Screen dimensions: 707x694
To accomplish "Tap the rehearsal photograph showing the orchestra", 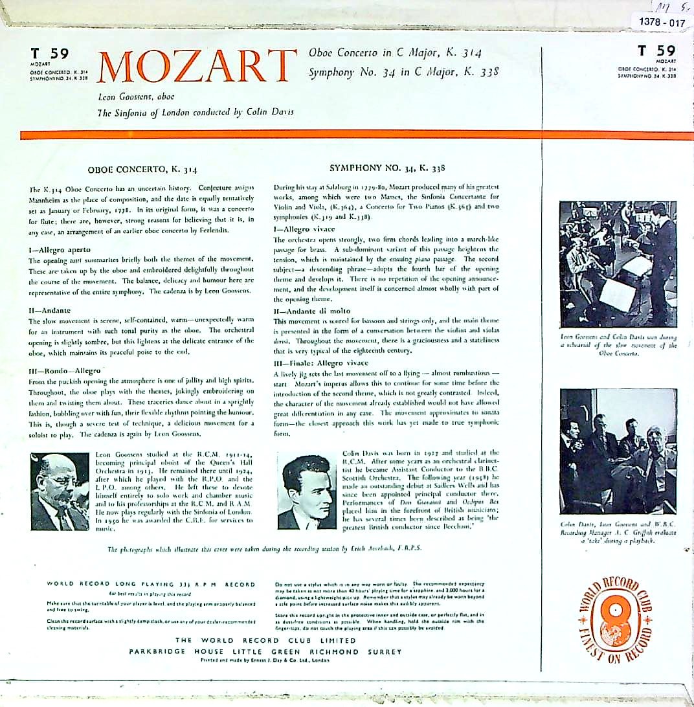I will point(618,264).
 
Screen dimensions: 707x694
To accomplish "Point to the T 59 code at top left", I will point(49,53).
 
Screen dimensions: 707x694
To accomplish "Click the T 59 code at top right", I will point(656,51).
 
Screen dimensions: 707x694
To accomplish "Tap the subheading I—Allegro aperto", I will point(59,249).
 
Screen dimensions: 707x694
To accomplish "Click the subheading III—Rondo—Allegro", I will point(64,370).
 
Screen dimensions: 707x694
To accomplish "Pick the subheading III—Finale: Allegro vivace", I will point(320,363).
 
